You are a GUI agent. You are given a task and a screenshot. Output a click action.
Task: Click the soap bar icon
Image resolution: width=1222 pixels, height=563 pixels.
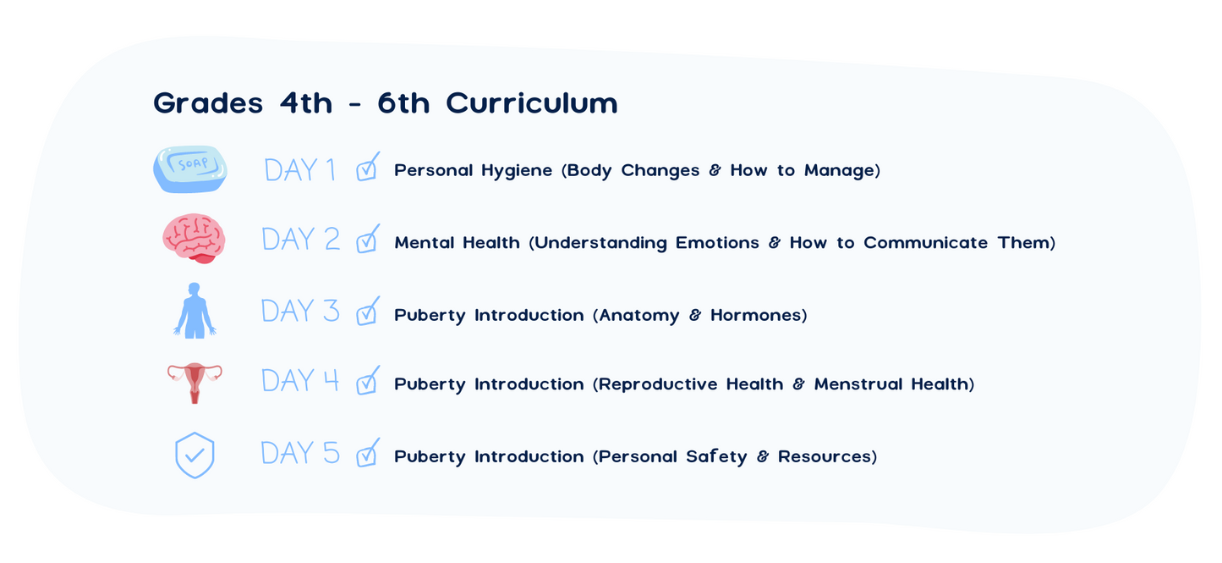189,169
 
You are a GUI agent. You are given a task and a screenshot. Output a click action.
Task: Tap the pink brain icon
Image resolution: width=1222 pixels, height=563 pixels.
194,239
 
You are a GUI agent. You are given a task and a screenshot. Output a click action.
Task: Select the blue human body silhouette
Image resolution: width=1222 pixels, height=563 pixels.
195,311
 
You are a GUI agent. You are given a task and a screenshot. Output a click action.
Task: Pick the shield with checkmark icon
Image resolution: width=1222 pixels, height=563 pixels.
195,455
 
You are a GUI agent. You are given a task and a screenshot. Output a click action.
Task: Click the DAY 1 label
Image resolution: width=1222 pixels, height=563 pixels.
300,170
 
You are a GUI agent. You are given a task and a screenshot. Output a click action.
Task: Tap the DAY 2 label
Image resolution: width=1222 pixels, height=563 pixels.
301,240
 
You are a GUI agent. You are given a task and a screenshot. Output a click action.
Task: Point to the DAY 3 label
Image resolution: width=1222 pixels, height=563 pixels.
300,311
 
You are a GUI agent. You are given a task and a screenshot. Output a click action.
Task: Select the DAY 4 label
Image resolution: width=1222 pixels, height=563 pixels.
300,380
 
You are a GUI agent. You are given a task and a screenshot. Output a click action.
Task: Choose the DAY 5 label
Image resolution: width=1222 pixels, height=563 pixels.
300,453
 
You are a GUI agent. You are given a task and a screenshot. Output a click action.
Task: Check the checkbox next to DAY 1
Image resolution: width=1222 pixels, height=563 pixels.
368,167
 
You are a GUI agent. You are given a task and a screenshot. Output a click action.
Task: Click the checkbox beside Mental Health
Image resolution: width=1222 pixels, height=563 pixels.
368,239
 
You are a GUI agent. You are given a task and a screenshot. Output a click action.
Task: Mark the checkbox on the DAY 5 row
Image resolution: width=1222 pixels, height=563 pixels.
368,453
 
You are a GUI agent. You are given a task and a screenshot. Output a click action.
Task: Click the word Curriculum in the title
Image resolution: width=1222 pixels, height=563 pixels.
532,103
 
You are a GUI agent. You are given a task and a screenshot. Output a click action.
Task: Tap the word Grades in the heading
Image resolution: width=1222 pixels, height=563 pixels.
208,103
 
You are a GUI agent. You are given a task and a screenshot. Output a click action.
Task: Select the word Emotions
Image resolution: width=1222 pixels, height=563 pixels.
717,242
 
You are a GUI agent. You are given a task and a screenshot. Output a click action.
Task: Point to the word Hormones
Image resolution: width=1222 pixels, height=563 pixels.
756,315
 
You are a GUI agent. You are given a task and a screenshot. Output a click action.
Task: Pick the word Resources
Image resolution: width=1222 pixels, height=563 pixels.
825,456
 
